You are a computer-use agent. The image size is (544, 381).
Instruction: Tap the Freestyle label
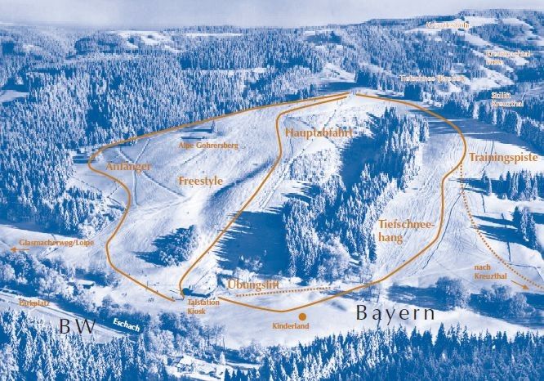coord(200,179)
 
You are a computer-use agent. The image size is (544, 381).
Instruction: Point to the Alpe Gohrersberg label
coord(208,146)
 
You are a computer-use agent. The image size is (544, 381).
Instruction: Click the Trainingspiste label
coord(501,156)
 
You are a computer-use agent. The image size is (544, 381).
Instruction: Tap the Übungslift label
coord(254,284)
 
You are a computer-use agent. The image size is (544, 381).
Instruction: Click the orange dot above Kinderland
coord(302,316)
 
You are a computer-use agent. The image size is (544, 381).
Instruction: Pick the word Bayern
coord(395,314)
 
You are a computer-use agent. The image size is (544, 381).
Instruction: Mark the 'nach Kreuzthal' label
coord(491,273)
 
